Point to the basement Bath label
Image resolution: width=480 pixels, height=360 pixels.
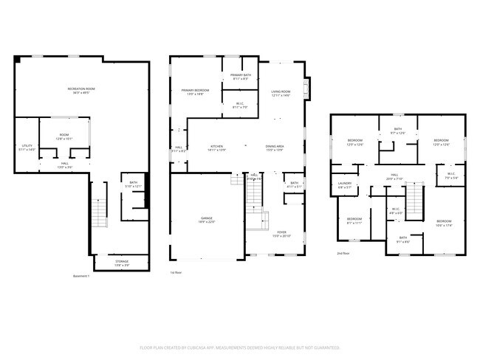[134, 184]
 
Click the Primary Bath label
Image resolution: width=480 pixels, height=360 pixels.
[240, 76]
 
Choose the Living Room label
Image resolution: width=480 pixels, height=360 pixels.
[281, 93]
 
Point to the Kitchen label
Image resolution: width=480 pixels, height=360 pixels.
[216, 148]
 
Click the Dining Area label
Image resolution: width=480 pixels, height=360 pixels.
[275, 148]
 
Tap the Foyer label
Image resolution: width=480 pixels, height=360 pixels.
[281, 235]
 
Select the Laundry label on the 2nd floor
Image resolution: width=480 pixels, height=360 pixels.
[345, 185]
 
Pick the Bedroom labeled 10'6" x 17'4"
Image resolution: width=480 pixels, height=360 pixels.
[443, 224]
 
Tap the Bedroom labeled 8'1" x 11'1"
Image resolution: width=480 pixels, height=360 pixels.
[354, 221]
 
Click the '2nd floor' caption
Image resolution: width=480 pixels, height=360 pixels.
[343, 253]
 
